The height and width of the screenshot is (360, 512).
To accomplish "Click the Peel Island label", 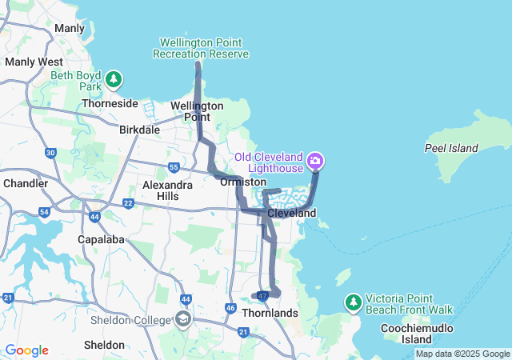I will click(451, 148).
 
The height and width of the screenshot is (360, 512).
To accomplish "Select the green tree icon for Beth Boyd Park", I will click(115, 79).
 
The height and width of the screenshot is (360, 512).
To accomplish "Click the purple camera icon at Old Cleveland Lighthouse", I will click(315, 162).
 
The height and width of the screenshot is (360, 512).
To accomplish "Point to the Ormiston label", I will click(238, 182).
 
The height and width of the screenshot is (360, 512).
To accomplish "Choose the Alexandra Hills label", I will click(167, 190).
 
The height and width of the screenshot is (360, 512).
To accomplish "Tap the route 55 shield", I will click(174, 167).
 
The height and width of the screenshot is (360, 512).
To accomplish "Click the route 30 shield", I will click(51, 153).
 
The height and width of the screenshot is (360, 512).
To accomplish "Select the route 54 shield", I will click(44, 212).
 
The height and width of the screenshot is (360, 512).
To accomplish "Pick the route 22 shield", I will click(128, 203).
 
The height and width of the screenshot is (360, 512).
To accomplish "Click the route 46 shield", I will click(230, 308).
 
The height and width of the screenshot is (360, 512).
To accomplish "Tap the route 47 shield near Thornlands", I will click(262, 296).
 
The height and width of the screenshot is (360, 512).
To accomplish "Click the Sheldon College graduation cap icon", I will click(182, 320).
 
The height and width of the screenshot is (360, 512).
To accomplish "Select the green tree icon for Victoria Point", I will click(353, 302).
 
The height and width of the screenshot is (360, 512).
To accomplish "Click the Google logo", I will click(26, 350).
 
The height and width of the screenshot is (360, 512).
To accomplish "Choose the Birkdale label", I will click(139, 130).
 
